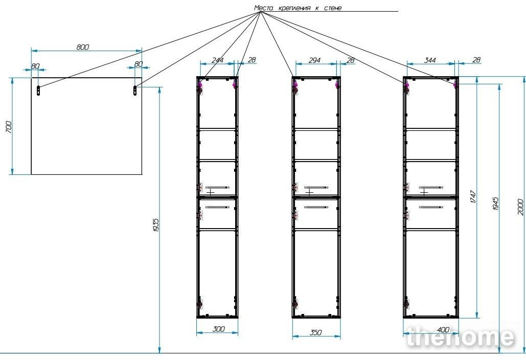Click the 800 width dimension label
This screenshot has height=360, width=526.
click(82, 47)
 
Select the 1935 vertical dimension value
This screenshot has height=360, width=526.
click(155, 225)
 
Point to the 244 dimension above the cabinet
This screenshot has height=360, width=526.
click(217, 60)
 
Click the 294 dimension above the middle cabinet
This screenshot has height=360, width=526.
click(314, 60)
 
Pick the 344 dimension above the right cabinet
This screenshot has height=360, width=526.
click(430, 60)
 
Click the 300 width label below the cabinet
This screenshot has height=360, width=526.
click(218, 329)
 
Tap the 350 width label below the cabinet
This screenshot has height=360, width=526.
click(315, 332)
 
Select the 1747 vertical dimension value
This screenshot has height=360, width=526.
click(473, 196)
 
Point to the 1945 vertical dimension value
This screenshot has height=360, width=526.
click(495, 204)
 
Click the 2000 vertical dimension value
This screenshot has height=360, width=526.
click(520, 207)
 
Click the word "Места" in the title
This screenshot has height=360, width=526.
click(263, 8)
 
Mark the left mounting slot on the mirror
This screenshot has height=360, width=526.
click(38, 91)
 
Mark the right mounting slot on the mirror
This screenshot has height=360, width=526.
click(135, 91)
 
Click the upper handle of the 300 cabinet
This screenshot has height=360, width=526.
click(217, 187)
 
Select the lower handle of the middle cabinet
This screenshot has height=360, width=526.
click(316, 207)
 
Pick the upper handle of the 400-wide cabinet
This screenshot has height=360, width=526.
click(431, 187)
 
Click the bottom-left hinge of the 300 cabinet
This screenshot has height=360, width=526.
click(199, 304)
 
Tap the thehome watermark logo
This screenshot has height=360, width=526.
click(460, 337)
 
